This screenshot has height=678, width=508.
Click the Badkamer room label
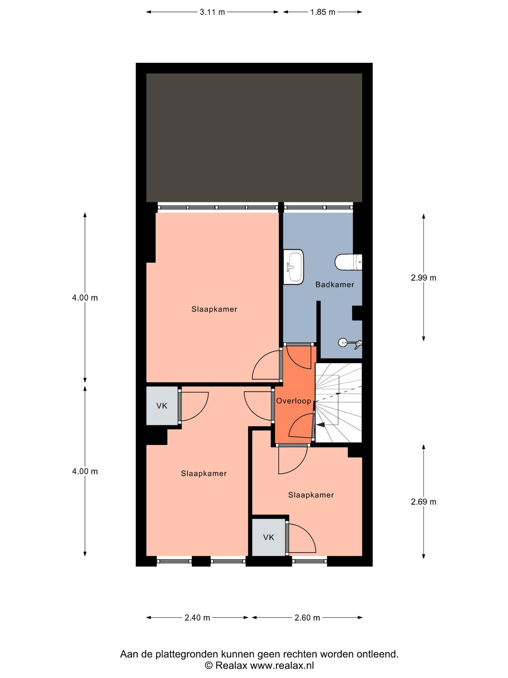pos(335,284)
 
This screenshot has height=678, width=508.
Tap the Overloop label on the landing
pos(294,401)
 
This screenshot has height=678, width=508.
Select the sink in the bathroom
pos(293,267)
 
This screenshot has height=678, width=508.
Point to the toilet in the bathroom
pos(348,262)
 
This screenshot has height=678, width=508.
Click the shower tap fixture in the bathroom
pos(351,343)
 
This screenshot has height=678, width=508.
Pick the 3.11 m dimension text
pos(212,12)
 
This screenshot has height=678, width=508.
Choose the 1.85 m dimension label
pos(322,12)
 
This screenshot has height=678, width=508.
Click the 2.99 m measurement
pos(423,278)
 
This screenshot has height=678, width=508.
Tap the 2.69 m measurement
pos(423,502)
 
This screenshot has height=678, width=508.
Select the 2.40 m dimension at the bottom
pos(197,618)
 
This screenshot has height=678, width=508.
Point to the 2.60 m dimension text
pos(307,618)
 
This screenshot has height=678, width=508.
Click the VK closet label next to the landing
pos(162,406)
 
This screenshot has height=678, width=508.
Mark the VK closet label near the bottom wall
pos(269,537)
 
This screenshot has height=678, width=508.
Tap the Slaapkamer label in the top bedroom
pos(214,309)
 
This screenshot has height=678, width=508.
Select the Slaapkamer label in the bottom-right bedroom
pos(311,495)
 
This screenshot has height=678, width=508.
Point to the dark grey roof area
pos(254,137)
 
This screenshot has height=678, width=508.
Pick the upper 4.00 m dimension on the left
pos(85,298)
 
